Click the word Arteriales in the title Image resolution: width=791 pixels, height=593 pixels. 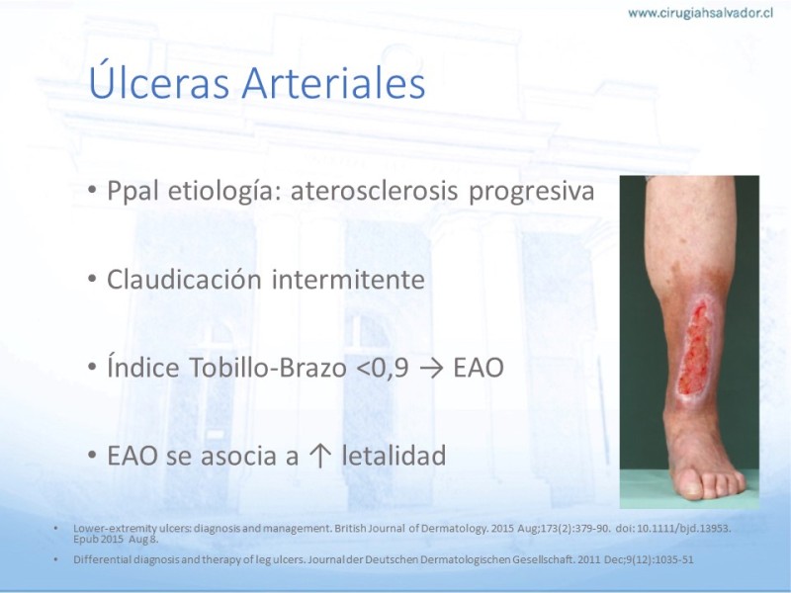pyautogui.click(x=333, y=83)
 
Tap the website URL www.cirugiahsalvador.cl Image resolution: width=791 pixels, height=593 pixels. pyautogui.click(x=701, y=13)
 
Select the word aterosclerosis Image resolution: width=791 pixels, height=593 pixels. pyautogui.click(x=375, y=191)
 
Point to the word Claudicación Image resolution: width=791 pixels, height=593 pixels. pyautogui.click(x=184, y=279)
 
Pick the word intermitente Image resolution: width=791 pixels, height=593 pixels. pyautogui.click(x=348, y=279)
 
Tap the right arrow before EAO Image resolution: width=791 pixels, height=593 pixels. pyautogui.click(x=431, y=369)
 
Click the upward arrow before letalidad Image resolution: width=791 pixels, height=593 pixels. pyautogui.click(x=319, y=456)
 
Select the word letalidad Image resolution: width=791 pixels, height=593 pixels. pyautogui.click(x=394, y=455)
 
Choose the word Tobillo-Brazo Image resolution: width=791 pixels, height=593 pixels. pyautogui.click(x=268, y=367)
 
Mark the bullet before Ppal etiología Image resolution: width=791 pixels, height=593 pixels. pyautogui.click(x=92, y=190)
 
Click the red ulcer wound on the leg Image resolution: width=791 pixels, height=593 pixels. pyautogui.click(x=695, y=349)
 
